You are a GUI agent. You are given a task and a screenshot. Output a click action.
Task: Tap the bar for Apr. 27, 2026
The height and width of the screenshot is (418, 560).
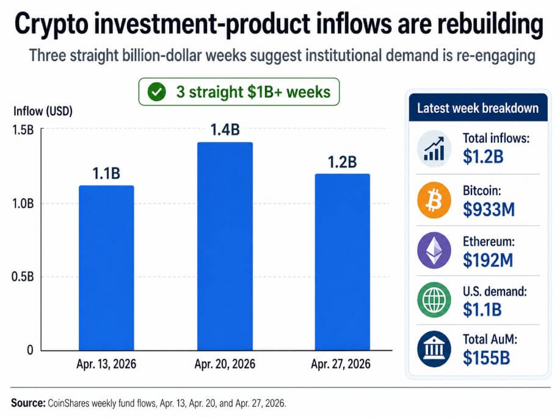(342, 262)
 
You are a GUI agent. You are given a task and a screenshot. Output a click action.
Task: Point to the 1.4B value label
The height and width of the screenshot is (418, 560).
(224, 129)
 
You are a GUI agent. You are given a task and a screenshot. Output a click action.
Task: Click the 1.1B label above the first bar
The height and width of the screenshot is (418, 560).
(106, 173)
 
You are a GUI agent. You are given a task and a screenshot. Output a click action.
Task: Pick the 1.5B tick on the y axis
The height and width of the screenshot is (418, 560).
(24, 129)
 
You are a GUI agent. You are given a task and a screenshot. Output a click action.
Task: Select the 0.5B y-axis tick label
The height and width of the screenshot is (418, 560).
(24, 276)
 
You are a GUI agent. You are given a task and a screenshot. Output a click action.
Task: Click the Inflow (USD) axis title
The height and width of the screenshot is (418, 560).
(43, 112)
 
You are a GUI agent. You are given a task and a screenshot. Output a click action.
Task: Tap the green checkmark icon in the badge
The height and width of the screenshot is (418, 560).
(158, 92)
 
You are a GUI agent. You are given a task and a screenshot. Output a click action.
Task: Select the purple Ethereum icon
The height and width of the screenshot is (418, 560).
(434, 251)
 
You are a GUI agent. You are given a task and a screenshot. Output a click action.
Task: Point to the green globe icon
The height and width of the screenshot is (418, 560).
(434, 300)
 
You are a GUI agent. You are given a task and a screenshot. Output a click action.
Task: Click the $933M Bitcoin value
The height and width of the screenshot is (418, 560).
(489, 210)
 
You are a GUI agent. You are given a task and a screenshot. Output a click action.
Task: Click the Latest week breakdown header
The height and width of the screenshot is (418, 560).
(478, 108)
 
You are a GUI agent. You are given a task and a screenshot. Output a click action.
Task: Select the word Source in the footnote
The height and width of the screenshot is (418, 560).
(27, 403)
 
